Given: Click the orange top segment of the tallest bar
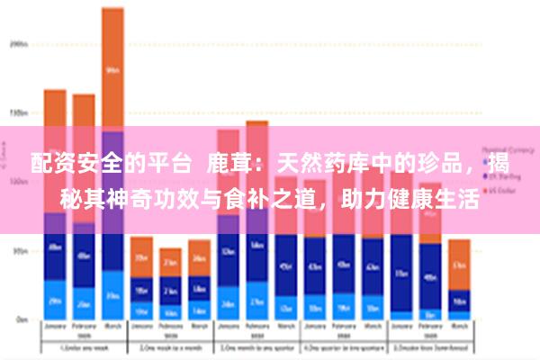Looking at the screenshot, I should click(112, 67).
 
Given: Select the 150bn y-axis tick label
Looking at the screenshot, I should click(17, 113).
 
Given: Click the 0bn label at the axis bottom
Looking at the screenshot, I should click(19, 319).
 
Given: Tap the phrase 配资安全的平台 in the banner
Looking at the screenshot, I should click(110, 165).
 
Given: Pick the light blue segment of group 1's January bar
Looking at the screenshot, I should click(55, 301).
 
